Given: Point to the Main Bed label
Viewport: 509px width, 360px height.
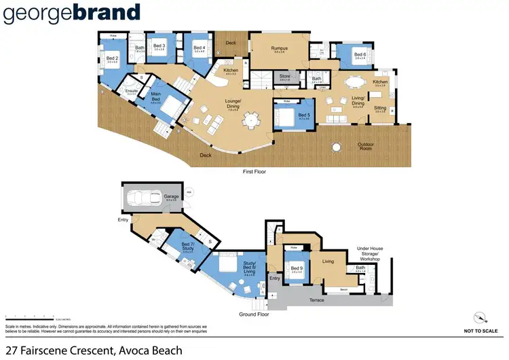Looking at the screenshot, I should (155, 95).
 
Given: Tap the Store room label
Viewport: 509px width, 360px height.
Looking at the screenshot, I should (285, 77).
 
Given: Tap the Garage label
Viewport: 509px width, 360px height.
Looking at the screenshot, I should (171, 196).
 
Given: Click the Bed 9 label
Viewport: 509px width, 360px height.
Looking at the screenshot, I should (295, 268).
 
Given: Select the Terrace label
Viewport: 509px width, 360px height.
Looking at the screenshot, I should (314, 300).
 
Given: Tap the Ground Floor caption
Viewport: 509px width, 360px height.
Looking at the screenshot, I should (254, 314).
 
